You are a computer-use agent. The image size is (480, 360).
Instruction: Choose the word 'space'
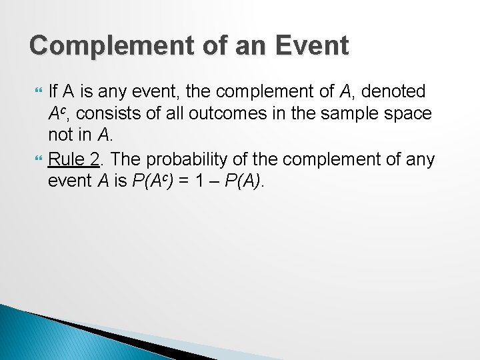point(407,114)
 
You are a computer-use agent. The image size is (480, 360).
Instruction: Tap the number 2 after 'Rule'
point(94,159)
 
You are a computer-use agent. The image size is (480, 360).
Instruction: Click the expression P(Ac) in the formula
point(155,182)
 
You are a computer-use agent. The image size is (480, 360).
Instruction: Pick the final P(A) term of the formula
point(245,182)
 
